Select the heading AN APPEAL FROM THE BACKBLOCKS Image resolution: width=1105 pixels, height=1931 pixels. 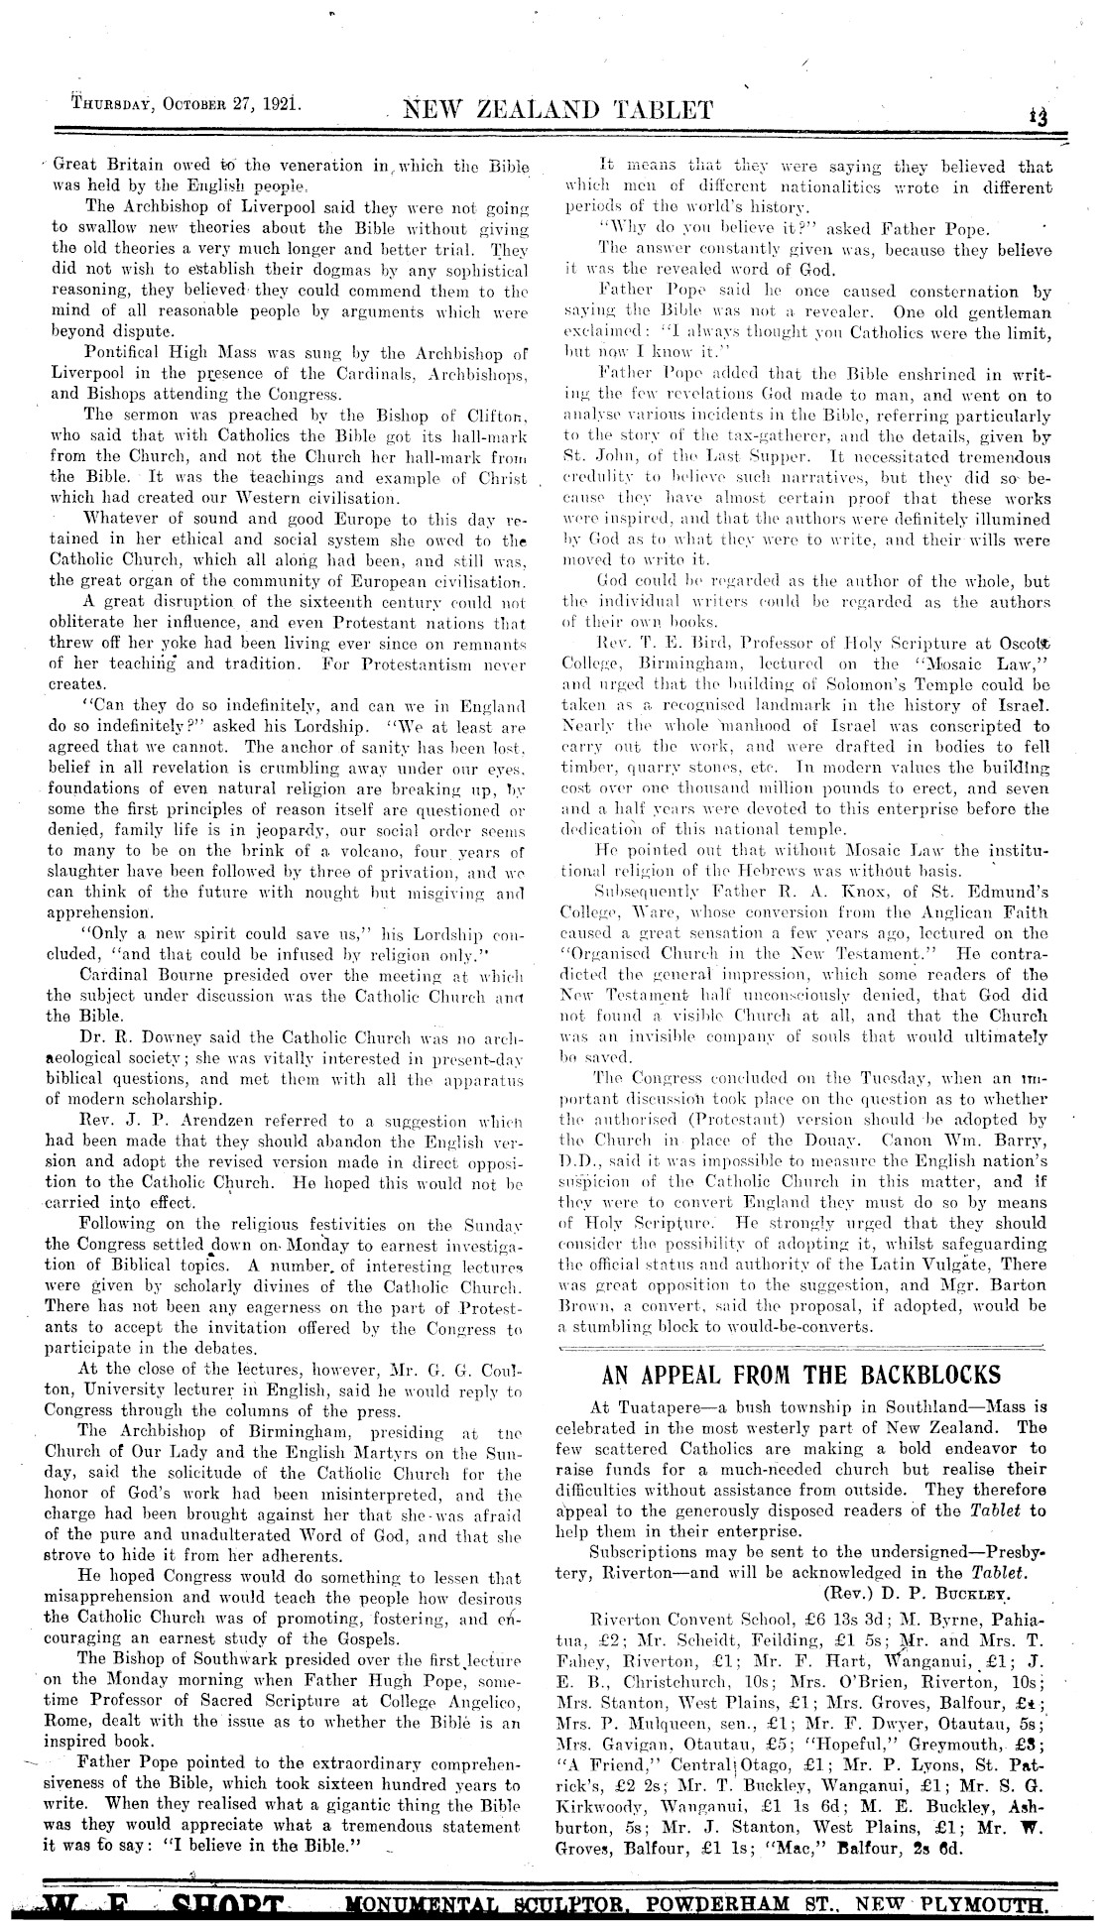click(x=801, y=1376)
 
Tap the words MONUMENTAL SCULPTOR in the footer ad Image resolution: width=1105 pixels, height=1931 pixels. click(x=476, y=1908)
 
